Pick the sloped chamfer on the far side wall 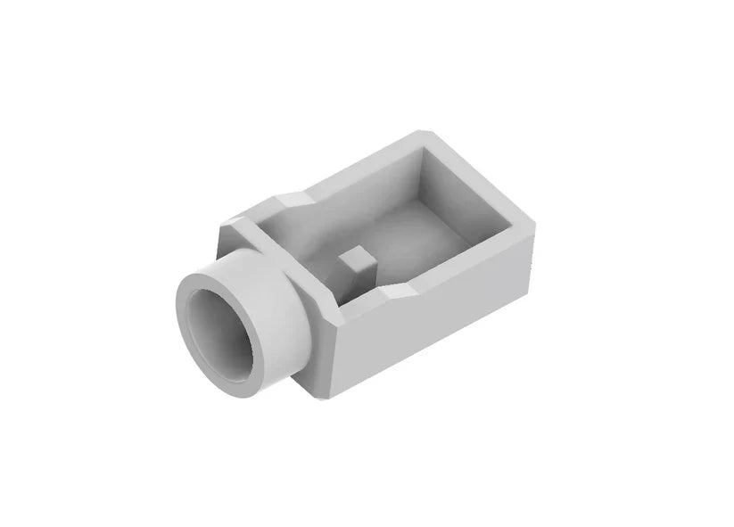point(290,197)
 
